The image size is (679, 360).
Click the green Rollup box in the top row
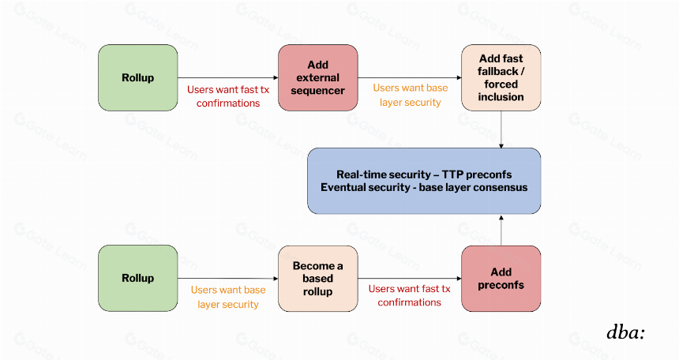click(137, 77)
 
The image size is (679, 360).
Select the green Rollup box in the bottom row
click(137, 278)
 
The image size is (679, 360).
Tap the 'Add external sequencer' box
click(318, 77)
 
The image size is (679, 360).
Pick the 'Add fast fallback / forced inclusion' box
click(501, 77)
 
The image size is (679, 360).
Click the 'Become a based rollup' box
click(318, 279)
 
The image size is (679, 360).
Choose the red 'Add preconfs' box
click(501, 279)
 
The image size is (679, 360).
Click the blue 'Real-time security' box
click(424, 181)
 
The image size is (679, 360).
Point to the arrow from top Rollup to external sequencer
click(227, 78)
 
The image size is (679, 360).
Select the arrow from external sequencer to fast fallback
click(410, 78)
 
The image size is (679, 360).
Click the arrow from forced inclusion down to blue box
click(501, 129)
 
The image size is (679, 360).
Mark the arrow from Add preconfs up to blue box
click(501, 230)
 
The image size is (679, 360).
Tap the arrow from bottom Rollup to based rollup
click(227, 279)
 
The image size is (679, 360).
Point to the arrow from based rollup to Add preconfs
click(410, 279)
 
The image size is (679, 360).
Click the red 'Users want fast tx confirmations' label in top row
click(228, 96)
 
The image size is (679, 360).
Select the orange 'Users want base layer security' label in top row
click(411, 95)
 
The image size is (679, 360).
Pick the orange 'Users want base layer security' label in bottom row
click(228, 297)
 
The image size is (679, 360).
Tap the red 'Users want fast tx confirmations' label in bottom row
click(410, 295)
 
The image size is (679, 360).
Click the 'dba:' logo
click(626, 332)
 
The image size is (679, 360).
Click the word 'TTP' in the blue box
click(452, 174)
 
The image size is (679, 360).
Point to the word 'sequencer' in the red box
click(318, 91)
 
